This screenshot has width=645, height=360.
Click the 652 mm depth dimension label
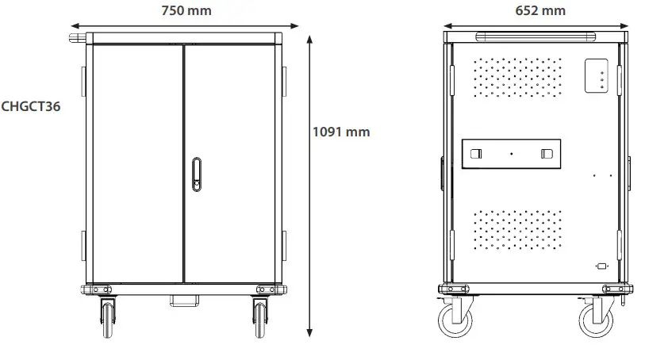pyautogui.click(x=539, y=10)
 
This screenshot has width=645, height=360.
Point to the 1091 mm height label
pyautogui.click(x=341, y=132)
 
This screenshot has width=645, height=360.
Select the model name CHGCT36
pyautogui.click(x=31, y=105)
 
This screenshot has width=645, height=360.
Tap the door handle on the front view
pyautogui.click(x=196, y=175)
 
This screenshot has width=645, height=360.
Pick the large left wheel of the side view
pyautogui.click(x=455, y=320)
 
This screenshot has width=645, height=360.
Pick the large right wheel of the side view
pyautogui.click(x=597, y=320)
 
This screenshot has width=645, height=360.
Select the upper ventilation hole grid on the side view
pyautogui.click(x=517, y=77)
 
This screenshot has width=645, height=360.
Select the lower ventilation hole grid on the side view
pyautogui.click(x=517, y=230)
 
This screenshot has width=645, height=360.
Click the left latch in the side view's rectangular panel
pyautogui.click(x=475, y=154)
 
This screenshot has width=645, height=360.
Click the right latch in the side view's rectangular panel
pyautogui.click(x=547, y=154)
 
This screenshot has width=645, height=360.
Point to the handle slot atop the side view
pyautogui.click(x=535, y=36)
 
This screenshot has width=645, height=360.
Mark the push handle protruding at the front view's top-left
pyautogui.click(x=78, y=36)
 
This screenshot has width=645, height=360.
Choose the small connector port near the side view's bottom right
pyautogui.click(x=601, y=267)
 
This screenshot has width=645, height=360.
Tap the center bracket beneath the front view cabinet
pyautogui.click(x=184, y=300)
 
